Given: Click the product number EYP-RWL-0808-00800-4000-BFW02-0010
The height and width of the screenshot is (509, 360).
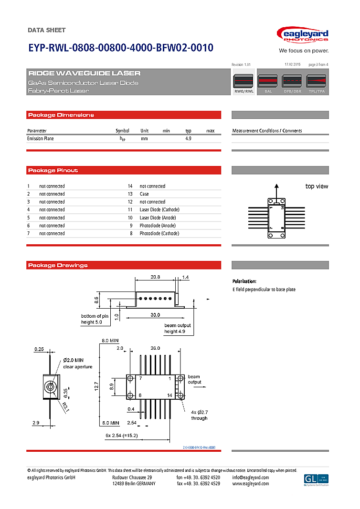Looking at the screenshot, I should pos(120,48).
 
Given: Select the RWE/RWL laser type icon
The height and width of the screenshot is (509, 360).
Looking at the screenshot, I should pos(244,84).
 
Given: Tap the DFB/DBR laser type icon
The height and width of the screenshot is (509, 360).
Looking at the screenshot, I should pos(292,84).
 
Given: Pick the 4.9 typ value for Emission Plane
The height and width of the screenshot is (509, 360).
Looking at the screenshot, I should pos(188,138).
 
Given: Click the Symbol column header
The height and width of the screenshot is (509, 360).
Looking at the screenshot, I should pos(122,131).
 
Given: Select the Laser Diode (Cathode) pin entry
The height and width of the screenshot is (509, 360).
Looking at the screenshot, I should pos(159,209).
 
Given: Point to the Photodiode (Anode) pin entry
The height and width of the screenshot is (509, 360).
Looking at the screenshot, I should pos(158,226).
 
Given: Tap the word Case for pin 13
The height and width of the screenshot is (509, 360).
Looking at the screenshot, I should pos(144,194).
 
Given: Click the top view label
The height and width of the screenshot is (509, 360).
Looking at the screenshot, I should pos(317,187).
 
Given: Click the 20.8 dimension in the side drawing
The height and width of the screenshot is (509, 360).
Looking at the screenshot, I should pos(155,277).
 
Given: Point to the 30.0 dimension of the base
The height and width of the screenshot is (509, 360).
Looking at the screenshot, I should pos(155,315).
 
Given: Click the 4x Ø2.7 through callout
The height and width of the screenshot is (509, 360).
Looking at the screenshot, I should pos(199,415).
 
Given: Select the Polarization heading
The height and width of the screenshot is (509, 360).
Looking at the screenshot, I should pos(244,281).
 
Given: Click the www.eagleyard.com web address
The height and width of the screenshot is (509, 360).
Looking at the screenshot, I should pos(250,484).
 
